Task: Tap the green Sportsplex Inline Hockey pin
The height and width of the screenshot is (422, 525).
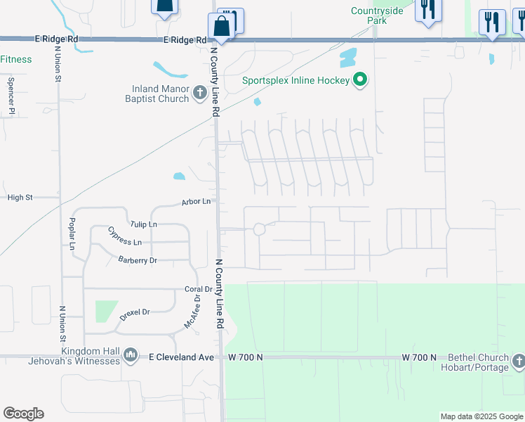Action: (360, 79)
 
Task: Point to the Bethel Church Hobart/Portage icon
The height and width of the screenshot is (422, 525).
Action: (518, 362)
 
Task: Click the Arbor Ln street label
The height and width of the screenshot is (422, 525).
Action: (196, 202)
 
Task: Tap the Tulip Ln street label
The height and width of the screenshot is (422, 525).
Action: (143, 224)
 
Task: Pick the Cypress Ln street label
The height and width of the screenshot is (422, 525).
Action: (124, 236)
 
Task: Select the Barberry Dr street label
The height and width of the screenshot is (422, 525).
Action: (138, 260)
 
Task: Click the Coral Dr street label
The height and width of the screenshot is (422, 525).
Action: (198, 289)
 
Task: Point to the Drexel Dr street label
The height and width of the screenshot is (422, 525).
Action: (135, 312)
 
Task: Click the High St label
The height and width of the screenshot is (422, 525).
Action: (20, 198)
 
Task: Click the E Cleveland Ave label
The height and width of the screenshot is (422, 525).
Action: (181, 357)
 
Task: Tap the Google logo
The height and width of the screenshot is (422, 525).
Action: (23, 414)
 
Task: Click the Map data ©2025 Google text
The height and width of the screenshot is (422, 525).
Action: (481, 416)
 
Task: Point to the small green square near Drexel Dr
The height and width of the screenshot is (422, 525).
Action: (106, 311)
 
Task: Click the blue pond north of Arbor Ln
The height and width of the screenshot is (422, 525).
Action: (180, 176)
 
